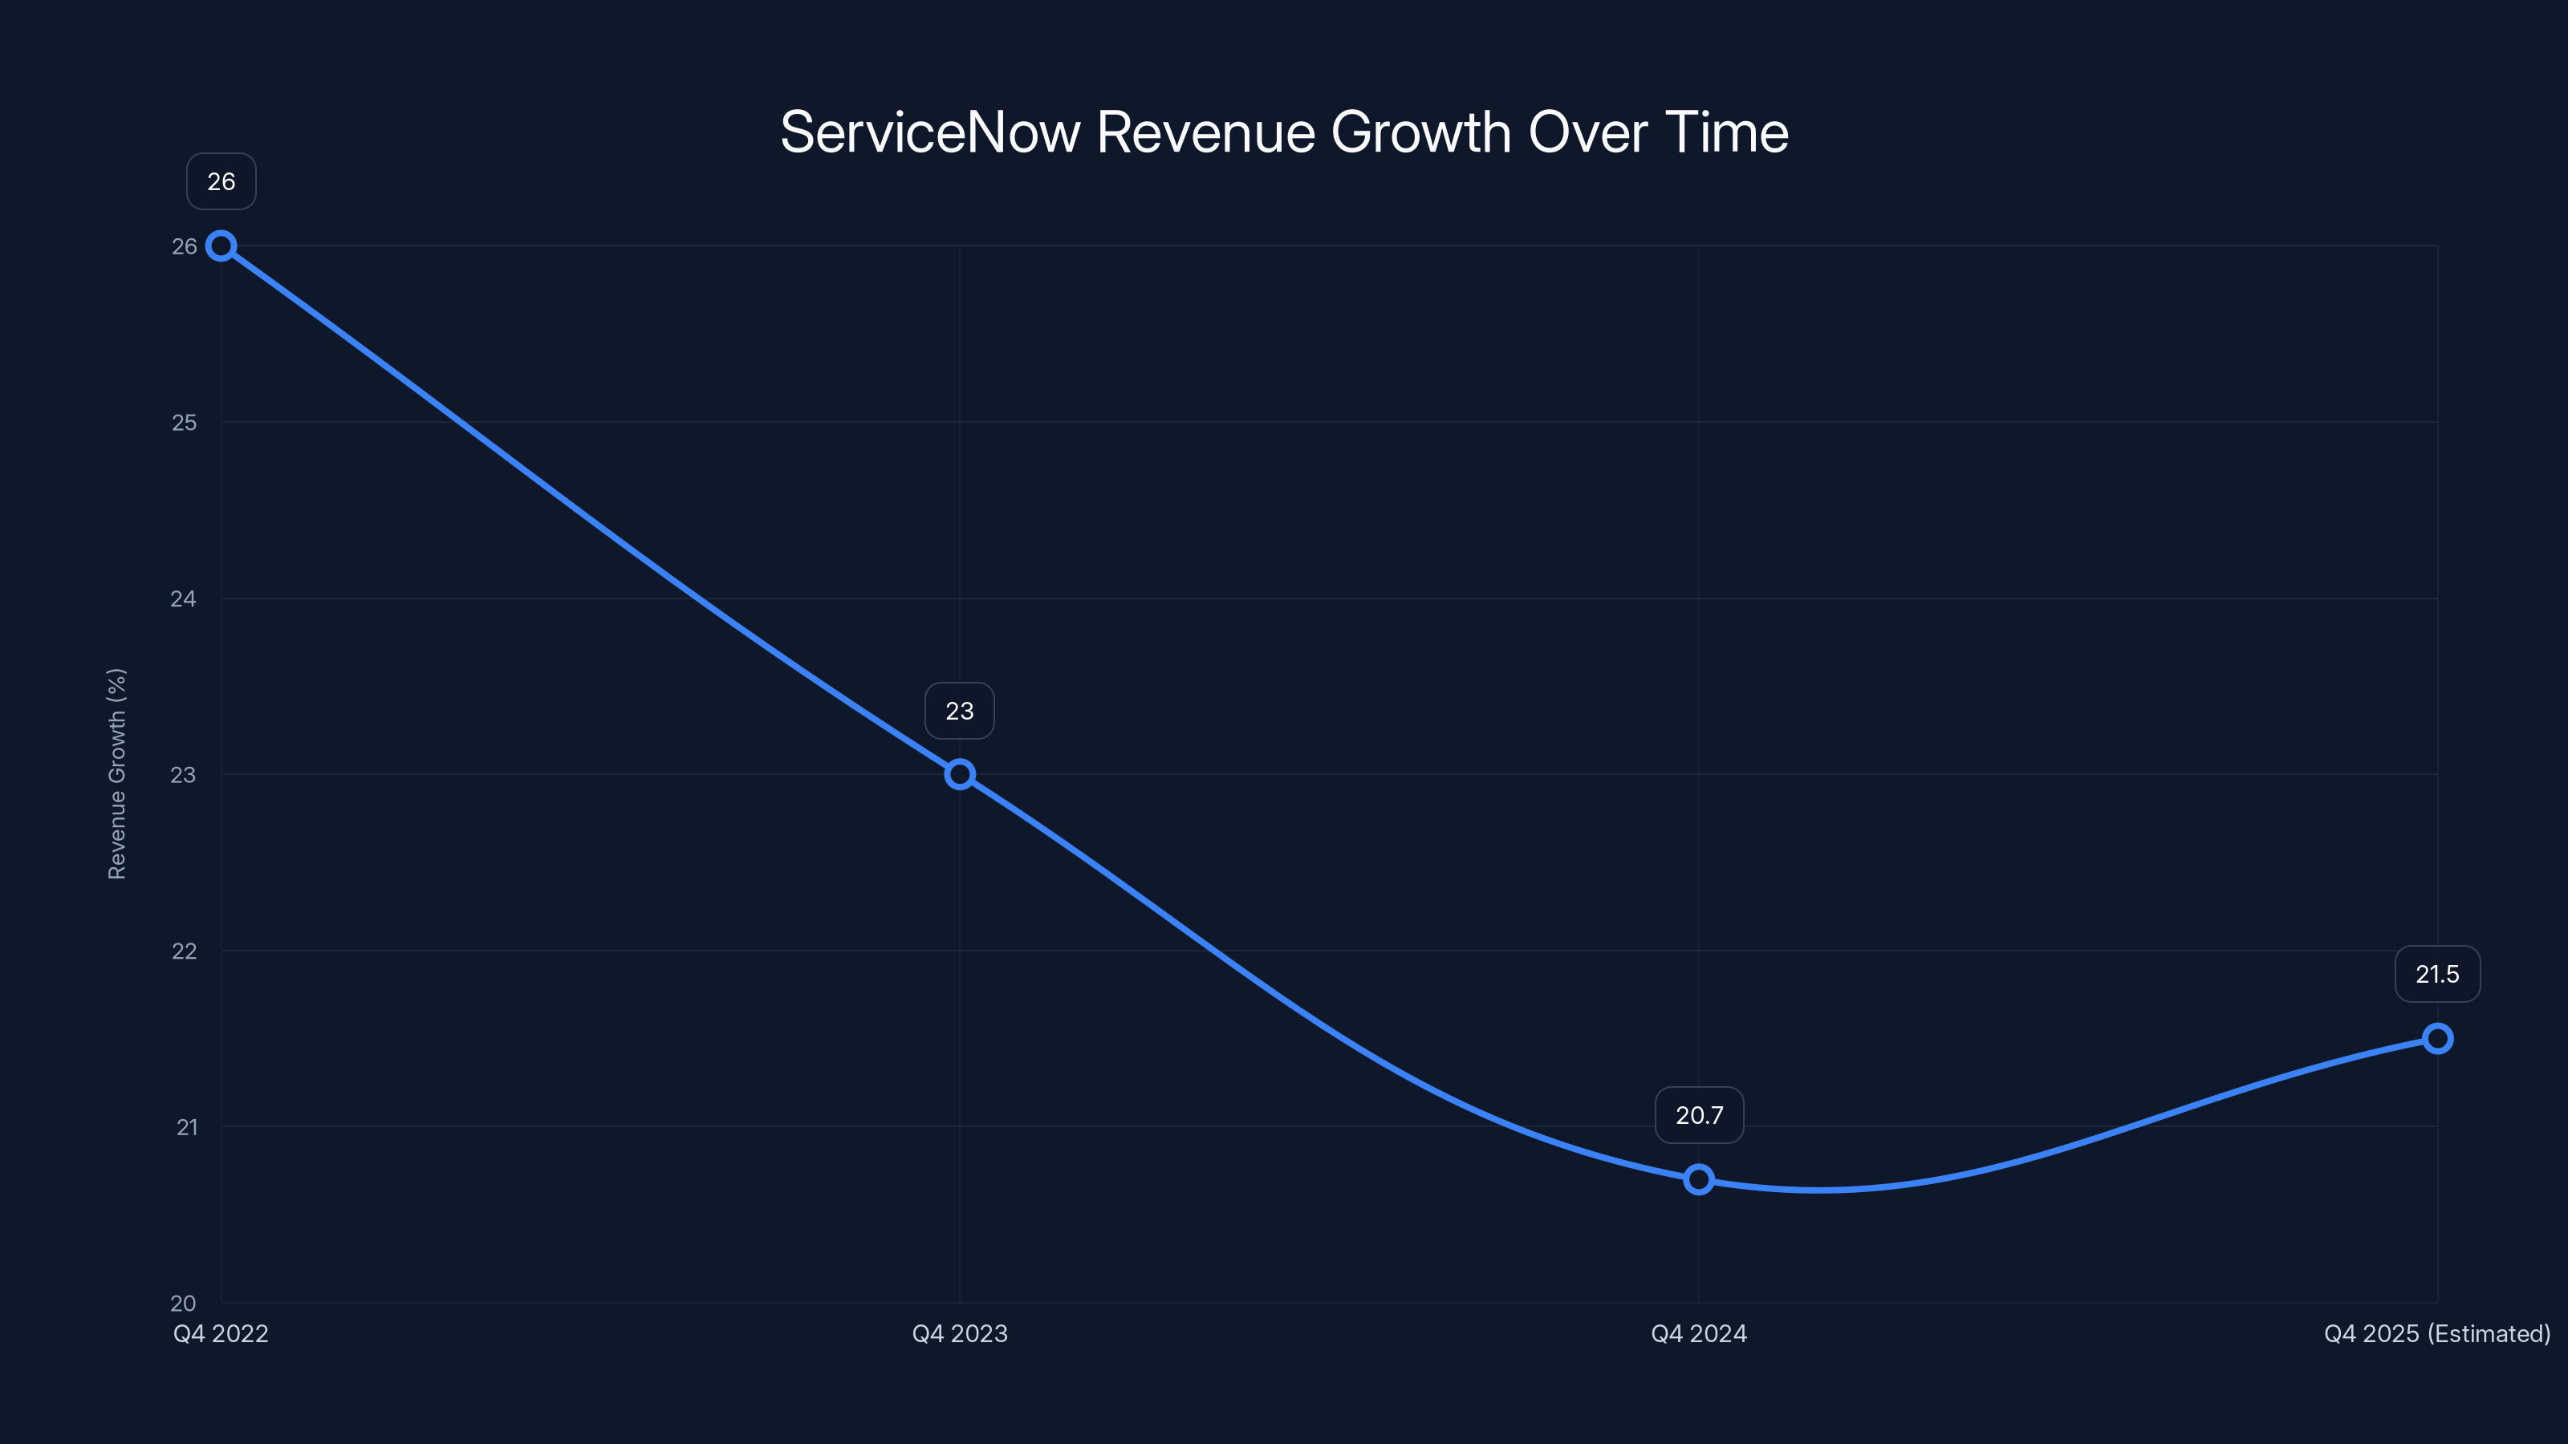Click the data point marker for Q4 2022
[x=221, y=246]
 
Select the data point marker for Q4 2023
[x=960, y=774]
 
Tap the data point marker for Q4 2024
[x=1699, y=1180]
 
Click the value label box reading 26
[x=221, y=181]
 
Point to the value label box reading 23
[x=960, y=711]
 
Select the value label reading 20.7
[x=1699, y=1115]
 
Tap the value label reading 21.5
[x=2437, y=974]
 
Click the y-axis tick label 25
[x=185, y=423]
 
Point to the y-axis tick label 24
[x=184, y=599]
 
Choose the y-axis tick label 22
[x=185, y=951]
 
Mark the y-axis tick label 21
[x=186, y=1127]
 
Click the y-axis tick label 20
[x=184, y=1303]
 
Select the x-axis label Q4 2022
[x=221, y=1333]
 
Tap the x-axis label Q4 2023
[x=960, y=1333]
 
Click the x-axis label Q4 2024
[x=1699, y=1333]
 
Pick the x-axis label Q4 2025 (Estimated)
[x=2437, y=1333]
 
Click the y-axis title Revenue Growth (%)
[x=116, y=774]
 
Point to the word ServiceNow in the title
[x=930, y=132]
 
